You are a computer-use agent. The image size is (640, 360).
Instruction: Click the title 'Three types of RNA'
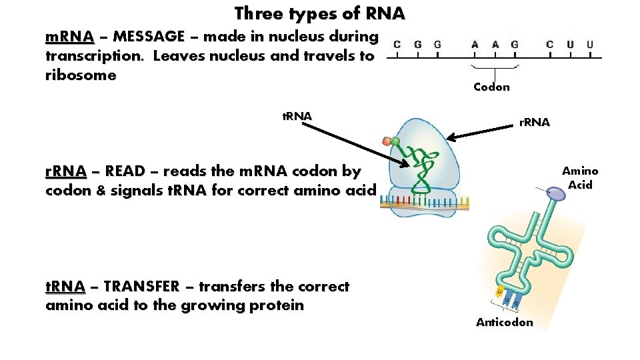click(x=319, y=13)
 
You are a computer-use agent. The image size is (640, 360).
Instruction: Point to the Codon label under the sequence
click(x=491, y=87)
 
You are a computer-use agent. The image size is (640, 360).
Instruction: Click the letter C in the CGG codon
click(x=397, y=45)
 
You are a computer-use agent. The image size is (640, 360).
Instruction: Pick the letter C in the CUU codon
click(x=550, y=45)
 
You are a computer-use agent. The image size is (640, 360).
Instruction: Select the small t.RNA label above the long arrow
click(x=297, y=117)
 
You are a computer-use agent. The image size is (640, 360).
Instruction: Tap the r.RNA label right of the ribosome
click(x=535, y=122)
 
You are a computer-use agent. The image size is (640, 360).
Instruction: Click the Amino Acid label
click(x=580, y=178)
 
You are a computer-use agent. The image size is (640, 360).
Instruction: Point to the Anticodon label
click(x=504, y=323)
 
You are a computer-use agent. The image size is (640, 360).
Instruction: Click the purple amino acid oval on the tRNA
click(x=555, y=193)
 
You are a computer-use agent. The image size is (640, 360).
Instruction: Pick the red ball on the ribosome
click(x=387, y=142)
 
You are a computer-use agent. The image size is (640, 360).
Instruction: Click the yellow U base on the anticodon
click(x=499, y=291)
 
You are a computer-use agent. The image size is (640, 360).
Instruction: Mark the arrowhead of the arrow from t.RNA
click(x=406, y=164)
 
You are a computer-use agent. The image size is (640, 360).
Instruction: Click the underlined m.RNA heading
click(x=69, y=37)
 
